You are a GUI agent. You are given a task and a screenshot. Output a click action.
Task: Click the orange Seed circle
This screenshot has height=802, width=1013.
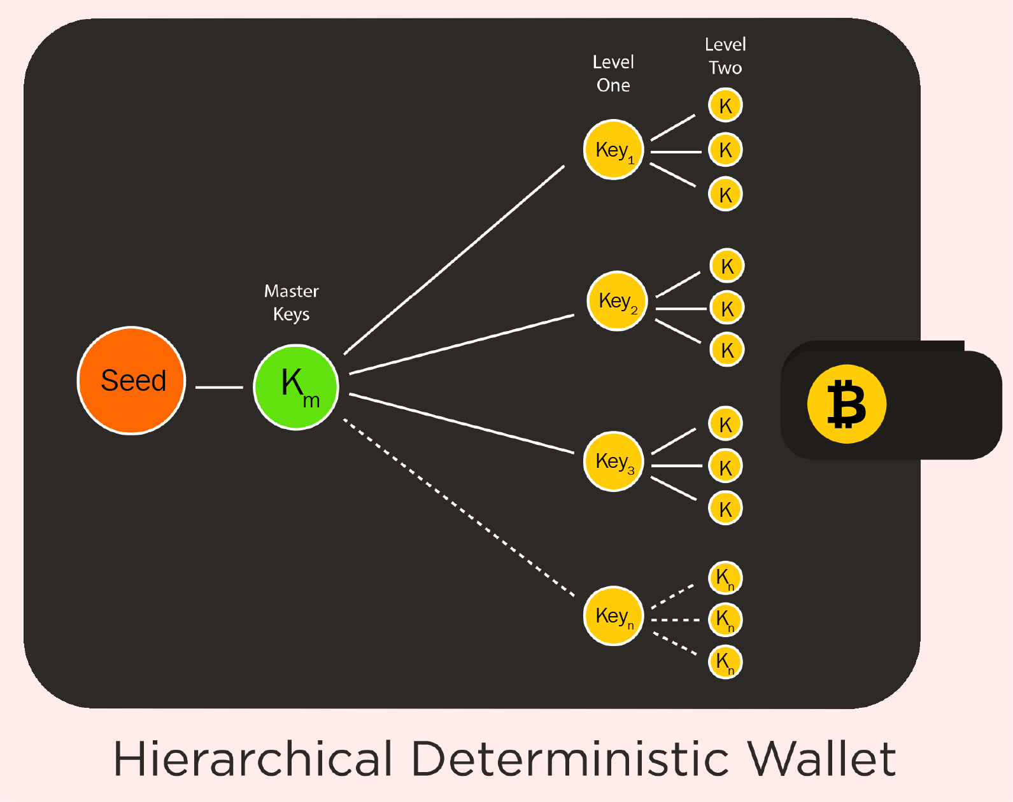(132, 381)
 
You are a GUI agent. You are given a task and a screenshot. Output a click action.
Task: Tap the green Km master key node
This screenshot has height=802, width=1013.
(296, 387)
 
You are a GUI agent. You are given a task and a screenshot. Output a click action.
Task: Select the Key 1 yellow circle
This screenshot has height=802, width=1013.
(614, 150)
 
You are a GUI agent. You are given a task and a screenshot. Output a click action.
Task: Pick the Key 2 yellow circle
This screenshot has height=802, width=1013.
(617, 301)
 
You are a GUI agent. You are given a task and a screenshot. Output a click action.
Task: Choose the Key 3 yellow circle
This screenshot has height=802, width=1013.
(614, 461)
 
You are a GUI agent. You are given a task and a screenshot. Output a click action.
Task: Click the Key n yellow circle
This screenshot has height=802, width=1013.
(614, 616)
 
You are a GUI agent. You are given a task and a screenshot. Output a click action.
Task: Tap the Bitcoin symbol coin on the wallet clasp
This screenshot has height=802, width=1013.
(846, 404)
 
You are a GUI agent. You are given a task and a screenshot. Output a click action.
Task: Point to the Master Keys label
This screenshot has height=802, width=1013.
(292, 302)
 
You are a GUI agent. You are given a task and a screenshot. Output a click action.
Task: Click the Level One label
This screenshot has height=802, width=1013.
(613, 73)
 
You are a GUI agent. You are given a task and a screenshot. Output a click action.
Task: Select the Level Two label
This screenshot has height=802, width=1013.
(725, 56)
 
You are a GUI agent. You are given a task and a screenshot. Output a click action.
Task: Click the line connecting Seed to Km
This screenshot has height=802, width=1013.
(219, 387)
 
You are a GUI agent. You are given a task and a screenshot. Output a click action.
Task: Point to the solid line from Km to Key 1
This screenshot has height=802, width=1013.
(454, 260)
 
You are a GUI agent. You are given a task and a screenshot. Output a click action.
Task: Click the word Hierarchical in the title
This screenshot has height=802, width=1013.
(253, 759)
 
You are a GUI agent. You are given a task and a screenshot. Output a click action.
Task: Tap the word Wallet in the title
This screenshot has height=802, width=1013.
(821, 759)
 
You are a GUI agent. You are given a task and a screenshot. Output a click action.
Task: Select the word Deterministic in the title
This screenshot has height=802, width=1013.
(570, 759)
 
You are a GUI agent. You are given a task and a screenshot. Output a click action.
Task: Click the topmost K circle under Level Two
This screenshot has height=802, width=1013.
(725, 106)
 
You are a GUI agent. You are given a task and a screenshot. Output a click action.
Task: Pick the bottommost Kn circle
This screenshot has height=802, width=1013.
(725, 662)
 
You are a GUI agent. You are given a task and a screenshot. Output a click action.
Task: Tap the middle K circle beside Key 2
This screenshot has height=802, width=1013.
(727, 308)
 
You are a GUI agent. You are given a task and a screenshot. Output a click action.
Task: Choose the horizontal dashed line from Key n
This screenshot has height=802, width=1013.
(676, 619)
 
